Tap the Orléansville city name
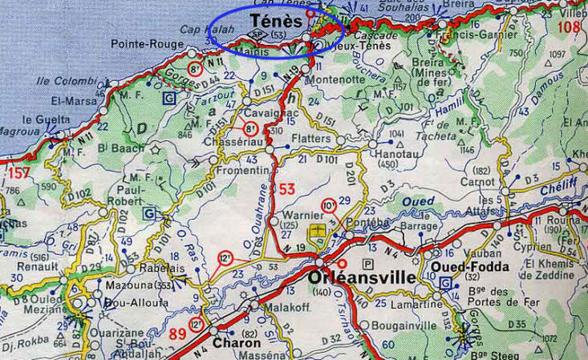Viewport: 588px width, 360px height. click(360, 278)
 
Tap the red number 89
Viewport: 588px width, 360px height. click(179, 332)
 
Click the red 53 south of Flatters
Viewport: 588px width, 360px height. click(289, 188)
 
